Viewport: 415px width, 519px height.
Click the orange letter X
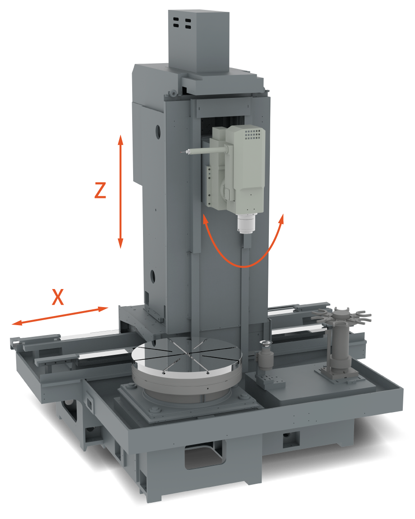pyautogui.click(x=58, y=297)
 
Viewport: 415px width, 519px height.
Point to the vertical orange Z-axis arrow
pyautogui.click(x=120, y=192)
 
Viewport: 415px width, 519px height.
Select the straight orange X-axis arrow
pyautogui.click(x=60, y=316)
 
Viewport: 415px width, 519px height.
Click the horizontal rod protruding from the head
pyautogui.click(x=205, y=151)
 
